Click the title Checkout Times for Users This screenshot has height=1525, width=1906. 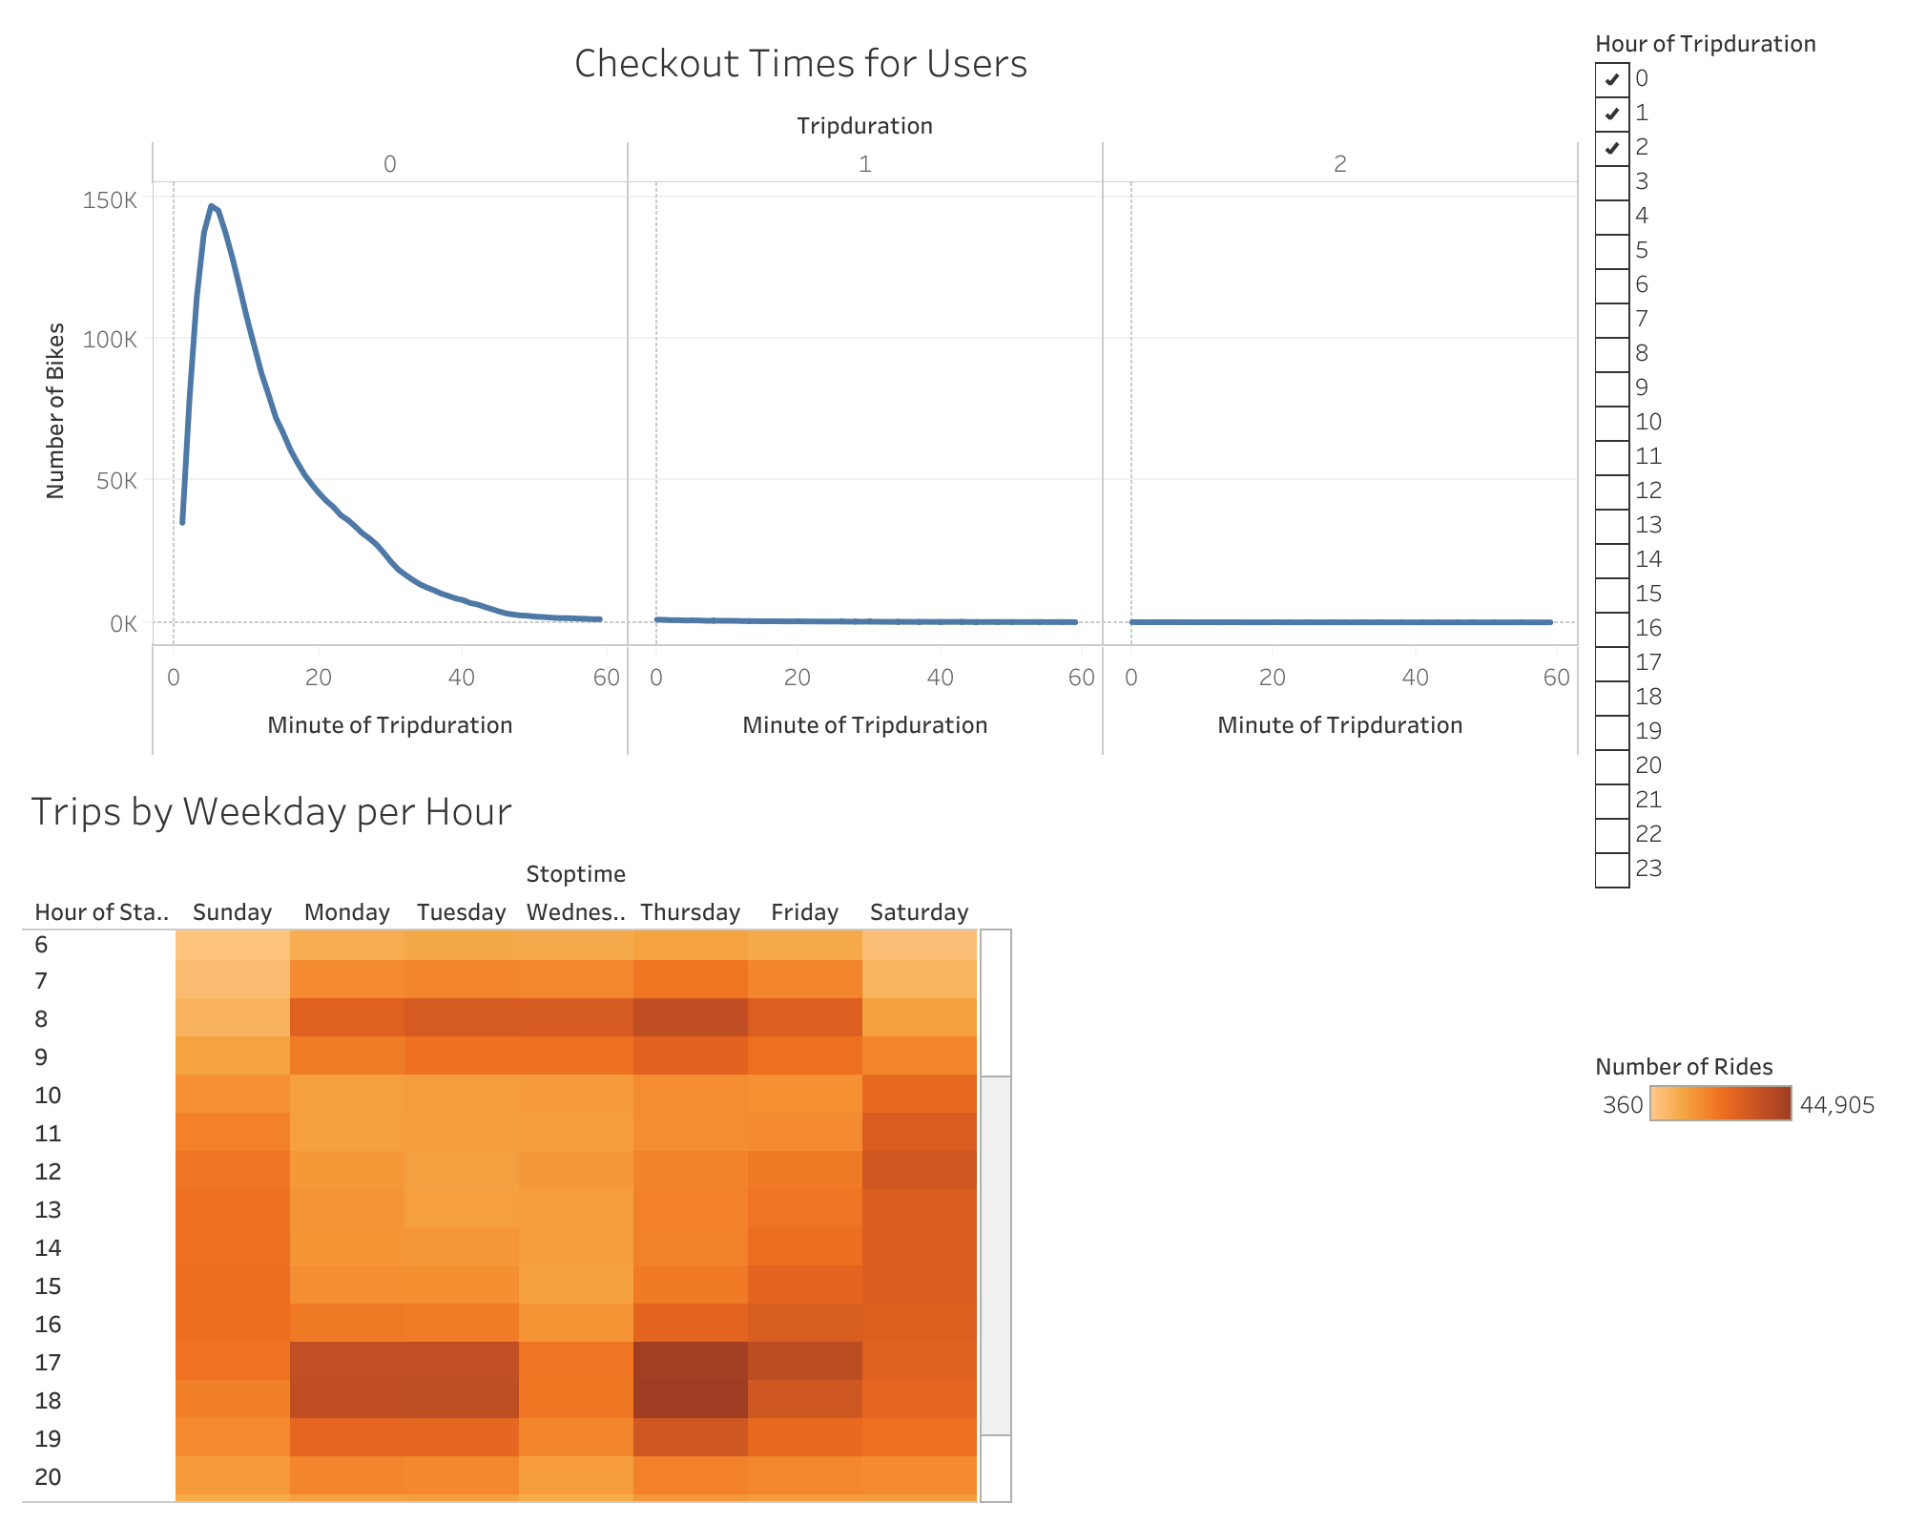click(800, 64)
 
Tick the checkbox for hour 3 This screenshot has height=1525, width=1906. click(1611, 181)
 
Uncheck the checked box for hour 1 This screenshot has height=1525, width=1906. click(1611, 113)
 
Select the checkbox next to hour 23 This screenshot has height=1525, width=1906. click(1611, 868)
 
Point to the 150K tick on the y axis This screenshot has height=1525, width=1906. click(110, 200)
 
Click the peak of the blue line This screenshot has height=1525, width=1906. click(211, 206)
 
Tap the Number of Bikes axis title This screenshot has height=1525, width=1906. click(56, 410)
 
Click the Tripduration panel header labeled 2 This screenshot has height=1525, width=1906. click(1339, 164)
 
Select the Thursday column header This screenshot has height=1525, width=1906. click(690, 912)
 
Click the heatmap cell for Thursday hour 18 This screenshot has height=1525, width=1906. click(690, 1400)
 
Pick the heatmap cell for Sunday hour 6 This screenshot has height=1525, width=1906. click(232, 945)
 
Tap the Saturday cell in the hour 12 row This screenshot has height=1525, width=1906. click(919, 1171)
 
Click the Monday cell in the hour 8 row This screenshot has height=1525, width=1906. click(346, 1018)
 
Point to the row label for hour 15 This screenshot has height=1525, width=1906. click(48, 1285)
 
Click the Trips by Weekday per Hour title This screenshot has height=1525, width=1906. click(271, 812)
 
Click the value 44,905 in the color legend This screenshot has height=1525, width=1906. click(1836, 1105)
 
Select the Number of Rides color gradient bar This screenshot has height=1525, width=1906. click(1720, 1103)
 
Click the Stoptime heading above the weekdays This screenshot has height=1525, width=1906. click(575, 874)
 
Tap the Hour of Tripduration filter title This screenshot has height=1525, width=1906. click(1705, 44)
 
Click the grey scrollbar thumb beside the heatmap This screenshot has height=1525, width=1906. click(995, 1255)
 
